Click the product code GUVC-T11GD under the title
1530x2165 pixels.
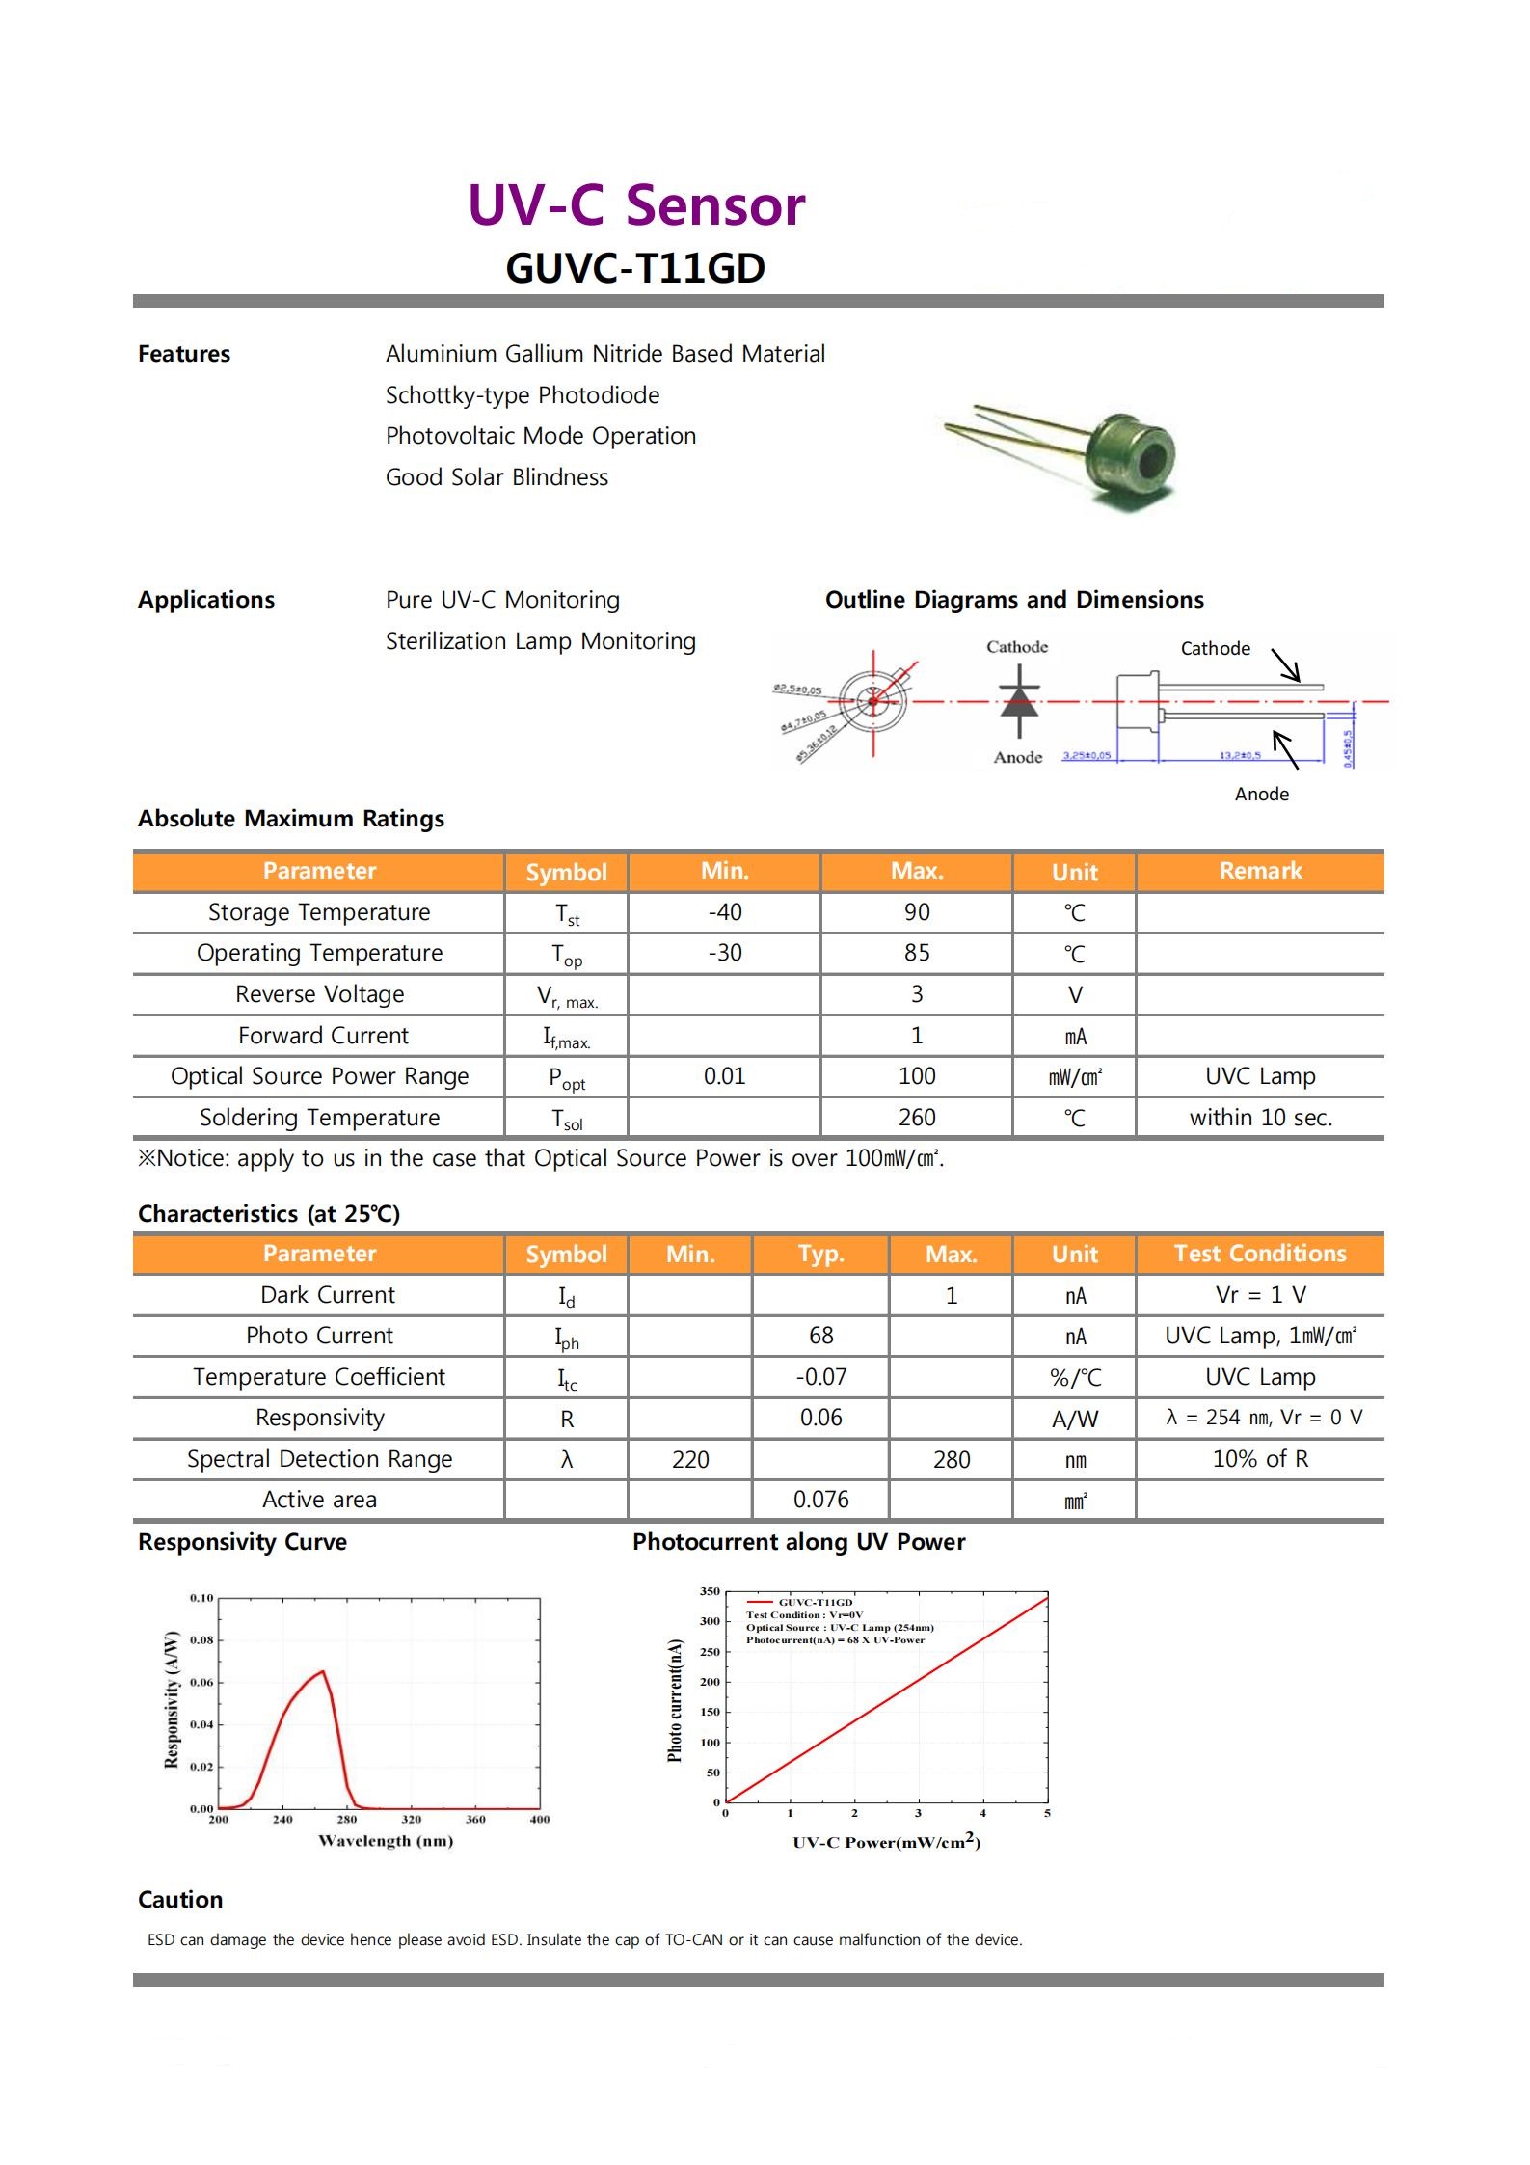[x=635, y=269]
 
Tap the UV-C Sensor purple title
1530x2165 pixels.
[x=635, y=205]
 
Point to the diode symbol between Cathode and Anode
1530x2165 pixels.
[x=1018, y=702]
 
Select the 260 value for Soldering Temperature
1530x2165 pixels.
[x=916, y=1118]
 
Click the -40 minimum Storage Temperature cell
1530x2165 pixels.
[x=724, y=912]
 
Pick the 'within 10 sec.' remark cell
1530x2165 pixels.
[x=1260, y=1118]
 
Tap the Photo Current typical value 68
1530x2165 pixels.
[x=820, y=1336]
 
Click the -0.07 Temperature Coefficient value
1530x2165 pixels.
[x=820, y=1377]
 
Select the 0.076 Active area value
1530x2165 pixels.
[x=820, y=1500]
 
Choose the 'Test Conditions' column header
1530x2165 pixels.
[x=1260, y=1254]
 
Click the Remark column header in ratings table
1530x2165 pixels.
[x=1260, y=871]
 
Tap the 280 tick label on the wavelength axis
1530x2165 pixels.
[x=347, y=1820]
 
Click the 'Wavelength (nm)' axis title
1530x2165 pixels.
[x=386, y=1841]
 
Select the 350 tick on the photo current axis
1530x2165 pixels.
[x=710, y=1592]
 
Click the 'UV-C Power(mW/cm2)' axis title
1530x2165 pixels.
[x=886, y=1842]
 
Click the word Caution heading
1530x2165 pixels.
[x=180, y=1900]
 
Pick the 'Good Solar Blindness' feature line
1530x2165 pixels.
[x=497, y=477]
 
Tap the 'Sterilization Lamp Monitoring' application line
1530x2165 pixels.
[x=540, y=641]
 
